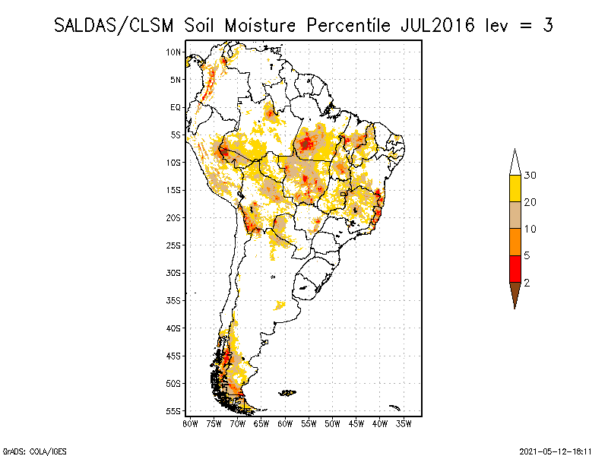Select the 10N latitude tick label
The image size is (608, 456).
174,52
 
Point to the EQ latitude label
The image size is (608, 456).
176,107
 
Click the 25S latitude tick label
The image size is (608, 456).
174,245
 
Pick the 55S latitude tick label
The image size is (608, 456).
174,410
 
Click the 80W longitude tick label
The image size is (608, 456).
189,423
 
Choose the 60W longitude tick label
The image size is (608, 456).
284,423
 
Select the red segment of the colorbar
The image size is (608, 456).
515,268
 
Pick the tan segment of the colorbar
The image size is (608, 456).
515,215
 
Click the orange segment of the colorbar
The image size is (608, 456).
515,242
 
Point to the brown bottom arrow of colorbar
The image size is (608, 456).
515,293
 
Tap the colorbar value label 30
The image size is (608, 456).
530,176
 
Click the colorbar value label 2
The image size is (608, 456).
526,282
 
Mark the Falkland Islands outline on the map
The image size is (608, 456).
287,392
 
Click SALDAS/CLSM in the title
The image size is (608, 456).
117,25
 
